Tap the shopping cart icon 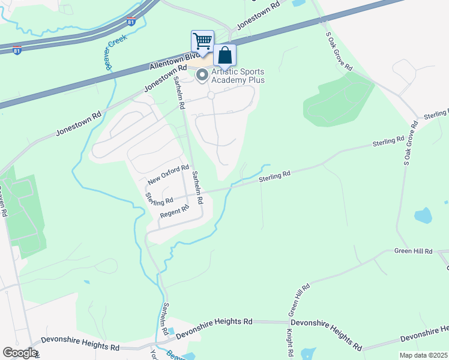point(202,41)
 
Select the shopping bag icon point(224,56)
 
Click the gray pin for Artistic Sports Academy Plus point(202,75)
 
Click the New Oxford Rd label point(169,175)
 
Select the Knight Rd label point(289,341)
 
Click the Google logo point(20,353)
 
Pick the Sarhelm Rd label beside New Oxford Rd point(196,187)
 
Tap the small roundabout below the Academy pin point(211,95)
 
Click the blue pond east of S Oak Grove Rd point(423,215)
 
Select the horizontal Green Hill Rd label point(413,251)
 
